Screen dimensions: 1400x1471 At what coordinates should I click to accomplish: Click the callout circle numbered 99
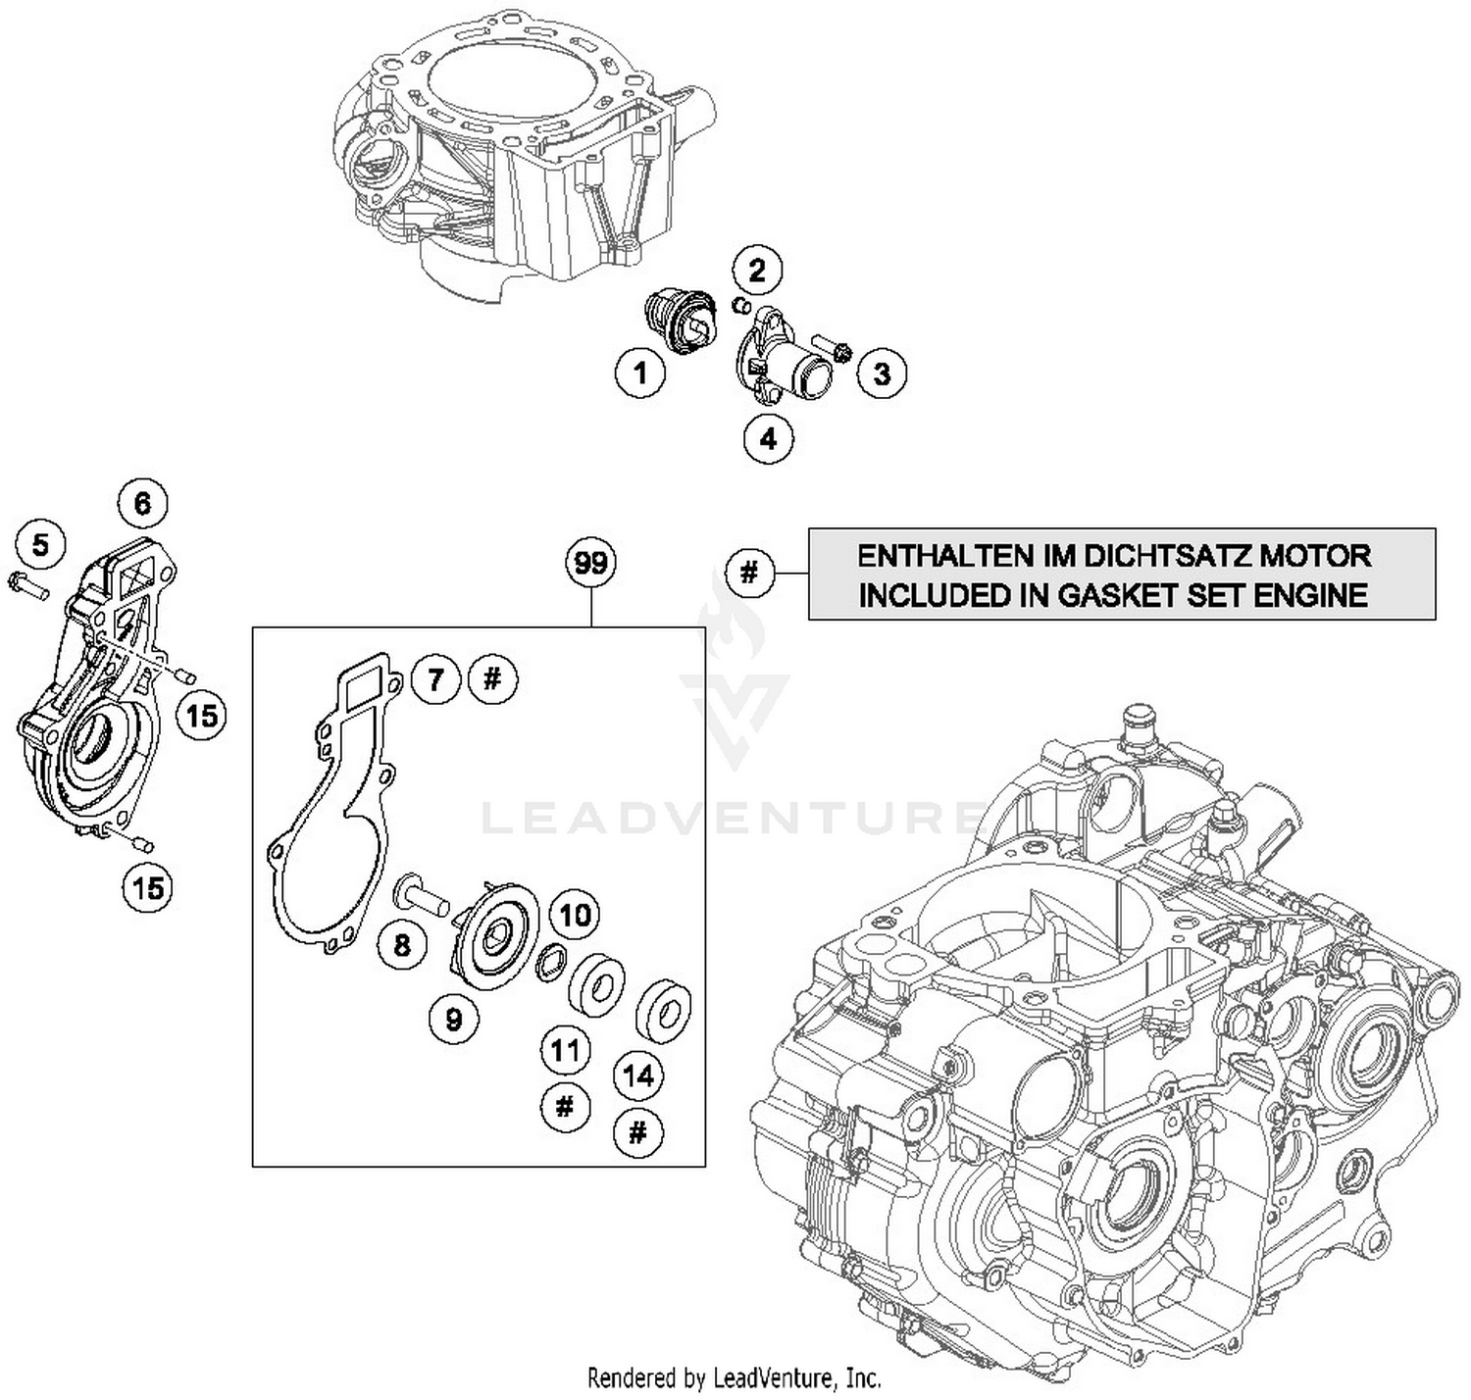pos(591,563)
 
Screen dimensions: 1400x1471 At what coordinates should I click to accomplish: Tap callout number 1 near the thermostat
pos(640,374)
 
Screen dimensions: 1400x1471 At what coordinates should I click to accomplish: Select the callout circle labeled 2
pos(757,270)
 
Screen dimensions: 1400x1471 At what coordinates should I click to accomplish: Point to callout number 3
pos(882,374)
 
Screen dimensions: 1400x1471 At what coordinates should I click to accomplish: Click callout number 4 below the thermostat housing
pos(768,438)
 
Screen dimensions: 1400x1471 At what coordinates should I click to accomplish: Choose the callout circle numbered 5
pos(40,544)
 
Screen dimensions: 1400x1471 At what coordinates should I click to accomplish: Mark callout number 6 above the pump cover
pos(143,504)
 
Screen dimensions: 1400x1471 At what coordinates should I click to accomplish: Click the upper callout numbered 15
pos(202,716)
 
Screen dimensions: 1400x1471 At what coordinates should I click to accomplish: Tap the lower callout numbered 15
pos(148,888)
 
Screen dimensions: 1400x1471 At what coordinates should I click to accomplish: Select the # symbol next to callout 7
pos(493,678)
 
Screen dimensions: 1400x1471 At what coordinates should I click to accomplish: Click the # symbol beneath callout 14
pos(637,1133)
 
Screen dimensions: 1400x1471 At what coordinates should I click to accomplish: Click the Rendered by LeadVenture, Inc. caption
pos(734,1377)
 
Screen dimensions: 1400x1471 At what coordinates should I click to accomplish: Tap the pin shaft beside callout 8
pos(421,893)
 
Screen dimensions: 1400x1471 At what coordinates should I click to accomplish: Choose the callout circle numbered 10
pos(575,915)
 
